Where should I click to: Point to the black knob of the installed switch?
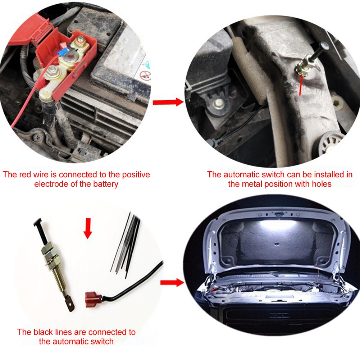point(324,46)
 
